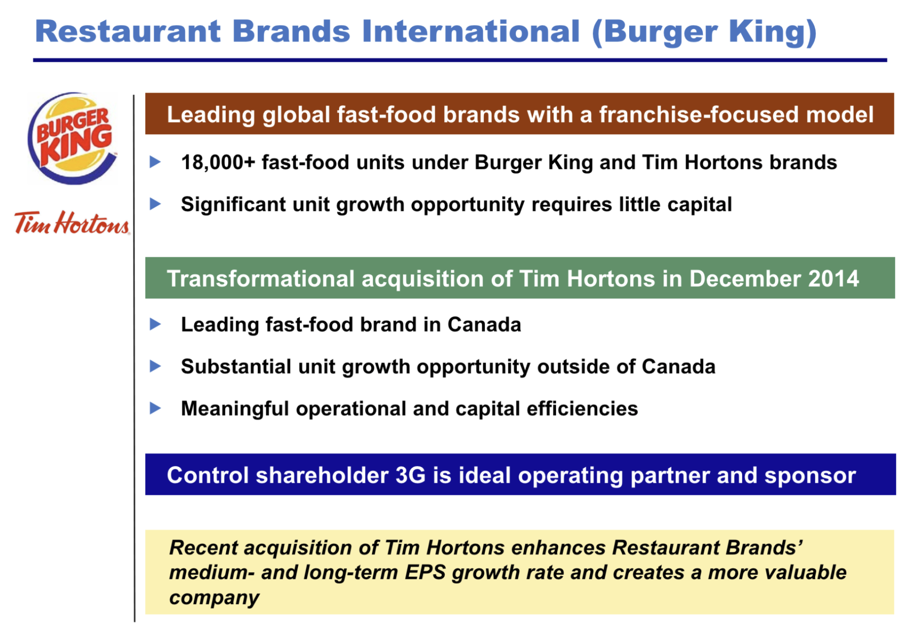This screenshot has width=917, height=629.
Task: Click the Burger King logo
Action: (x=72, y=138)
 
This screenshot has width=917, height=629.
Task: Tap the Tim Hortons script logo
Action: (x=72, y=223)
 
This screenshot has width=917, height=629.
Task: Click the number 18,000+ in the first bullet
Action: (x=218, y=163)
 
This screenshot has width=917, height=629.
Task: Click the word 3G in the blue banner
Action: (x=410, y=475)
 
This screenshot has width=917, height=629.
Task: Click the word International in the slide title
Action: (x=471, y=31)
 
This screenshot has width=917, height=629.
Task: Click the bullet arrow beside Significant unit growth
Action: (x=155, y=204)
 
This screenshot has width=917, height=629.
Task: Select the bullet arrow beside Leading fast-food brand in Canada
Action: (x=155, y=324)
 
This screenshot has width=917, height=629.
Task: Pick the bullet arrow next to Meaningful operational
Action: (x=155, y=408)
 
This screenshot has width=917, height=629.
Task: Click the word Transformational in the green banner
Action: (x=260, y=278)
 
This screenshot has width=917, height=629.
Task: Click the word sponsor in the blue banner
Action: (x=810, y=476)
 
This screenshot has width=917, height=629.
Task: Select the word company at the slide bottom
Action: (x=214, y=598)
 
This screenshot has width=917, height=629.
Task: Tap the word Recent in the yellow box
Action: (x=203, y=548)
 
